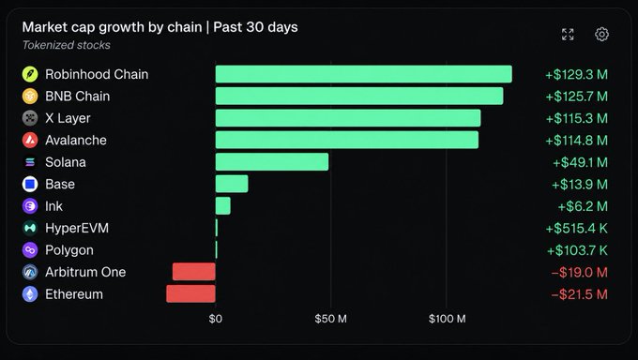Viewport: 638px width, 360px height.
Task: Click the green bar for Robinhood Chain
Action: coord(363,74)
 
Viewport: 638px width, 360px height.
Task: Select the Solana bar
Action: coord(272,162)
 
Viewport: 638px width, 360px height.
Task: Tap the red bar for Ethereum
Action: coord(190,293)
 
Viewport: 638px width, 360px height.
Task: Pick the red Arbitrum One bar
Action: coord(193,272)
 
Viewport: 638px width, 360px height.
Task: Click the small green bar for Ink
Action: coord(223,206)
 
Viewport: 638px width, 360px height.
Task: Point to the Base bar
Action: coord(232,184)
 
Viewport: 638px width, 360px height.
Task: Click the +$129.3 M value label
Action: coord(576,74)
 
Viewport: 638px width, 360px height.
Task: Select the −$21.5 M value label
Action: coord(579,294)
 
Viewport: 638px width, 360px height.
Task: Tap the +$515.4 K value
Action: coord(576,228)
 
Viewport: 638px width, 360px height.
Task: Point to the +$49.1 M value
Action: coord(580,162)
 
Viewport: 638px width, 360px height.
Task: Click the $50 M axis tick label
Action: coord(330,319)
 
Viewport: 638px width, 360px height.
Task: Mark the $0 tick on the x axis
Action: coord(215,319)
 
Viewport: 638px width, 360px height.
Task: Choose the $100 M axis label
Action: coord(447,319)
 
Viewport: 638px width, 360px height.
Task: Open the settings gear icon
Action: coord(601,34)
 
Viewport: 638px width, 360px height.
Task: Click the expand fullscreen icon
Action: coord(568,34)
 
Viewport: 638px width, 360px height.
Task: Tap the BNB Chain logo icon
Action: coord(30,97)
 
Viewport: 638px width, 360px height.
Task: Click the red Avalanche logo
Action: coord(30,141)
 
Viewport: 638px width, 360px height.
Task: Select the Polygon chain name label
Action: coord(69,250)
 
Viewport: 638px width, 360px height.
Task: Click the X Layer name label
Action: coord(68,118)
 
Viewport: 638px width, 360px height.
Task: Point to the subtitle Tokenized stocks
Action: coord(66,45)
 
